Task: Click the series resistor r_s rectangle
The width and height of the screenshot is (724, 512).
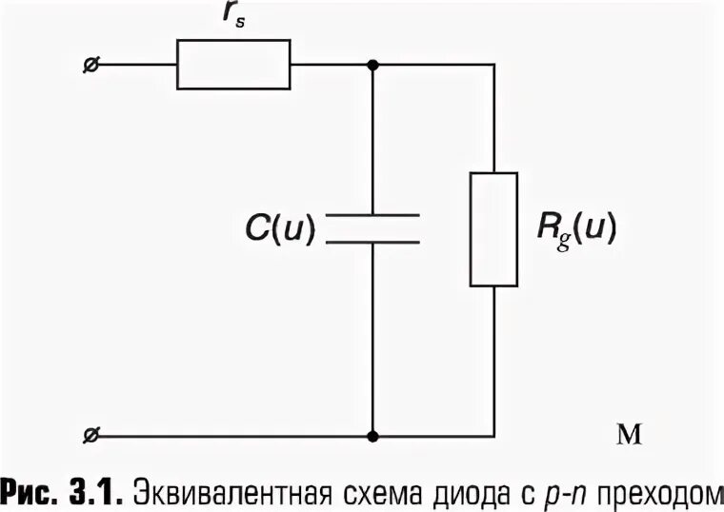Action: tap(233, 65)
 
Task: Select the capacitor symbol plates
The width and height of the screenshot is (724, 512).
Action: tap(372, 228)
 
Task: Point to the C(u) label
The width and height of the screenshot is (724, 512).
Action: tap(277, 228)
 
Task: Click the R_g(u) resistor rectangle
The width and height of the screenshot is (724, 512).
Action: tap(493, 229)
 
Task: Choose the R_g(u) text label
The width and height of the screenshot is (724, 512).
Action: tap(577, 228)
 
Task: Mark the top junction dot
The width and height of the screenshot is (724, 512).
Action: tap(372, 65)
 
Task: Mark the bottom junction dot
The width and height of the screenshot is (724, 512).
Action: tap(372, 437)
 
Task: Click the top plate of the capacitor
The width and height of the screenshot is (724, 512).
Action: tap(372, 216)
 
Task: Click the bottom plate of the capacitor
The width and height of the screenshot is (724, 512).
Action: tap(372, 241)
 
